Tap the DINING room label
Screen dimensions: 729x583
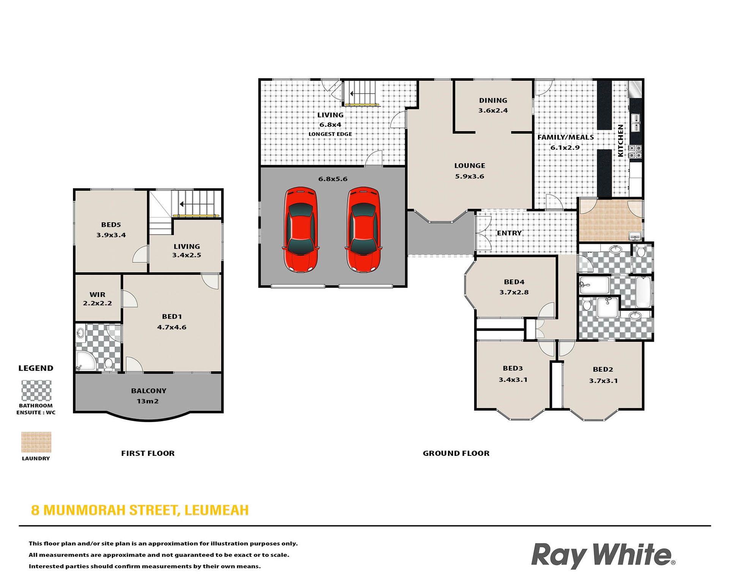coord(493,101)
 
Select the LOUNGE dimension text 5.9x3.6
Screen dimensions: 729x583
coord(470,176)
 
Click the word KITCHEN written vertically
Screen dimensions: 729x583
coord(620,140)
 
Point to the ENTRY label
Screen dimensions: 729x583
coord(509,233)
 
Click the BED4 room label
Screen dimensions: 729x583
coord(514,282)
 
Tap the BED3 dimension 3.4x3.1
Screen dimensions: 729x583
coord(513,380)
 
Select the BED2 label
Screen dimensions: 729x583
coord(603,369)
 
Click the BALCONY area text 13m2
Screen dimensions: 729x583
coord(147,401)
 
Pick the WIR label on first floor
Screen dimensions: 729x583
coord(98,295)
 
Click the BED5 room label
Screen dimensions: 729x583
coord(111,225)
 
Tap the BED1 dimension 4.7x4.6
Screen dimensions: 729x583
coord(172,327)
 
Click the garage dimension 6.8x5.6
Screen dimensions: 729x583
coord(333,179)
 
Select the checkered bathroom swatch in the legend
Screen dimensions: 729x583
coord(36,391)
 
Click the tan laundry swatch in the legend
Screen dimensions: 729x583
coord(36,442)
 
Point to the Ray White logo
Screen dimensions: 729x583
coord(603,555)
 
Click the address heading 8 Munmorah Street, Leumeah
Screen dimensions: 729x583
coord(140,510)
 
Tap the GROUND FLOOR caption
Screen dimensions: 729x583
coord(456,453)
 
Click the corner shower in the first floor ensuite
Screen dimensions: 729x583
coord(85,361)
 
